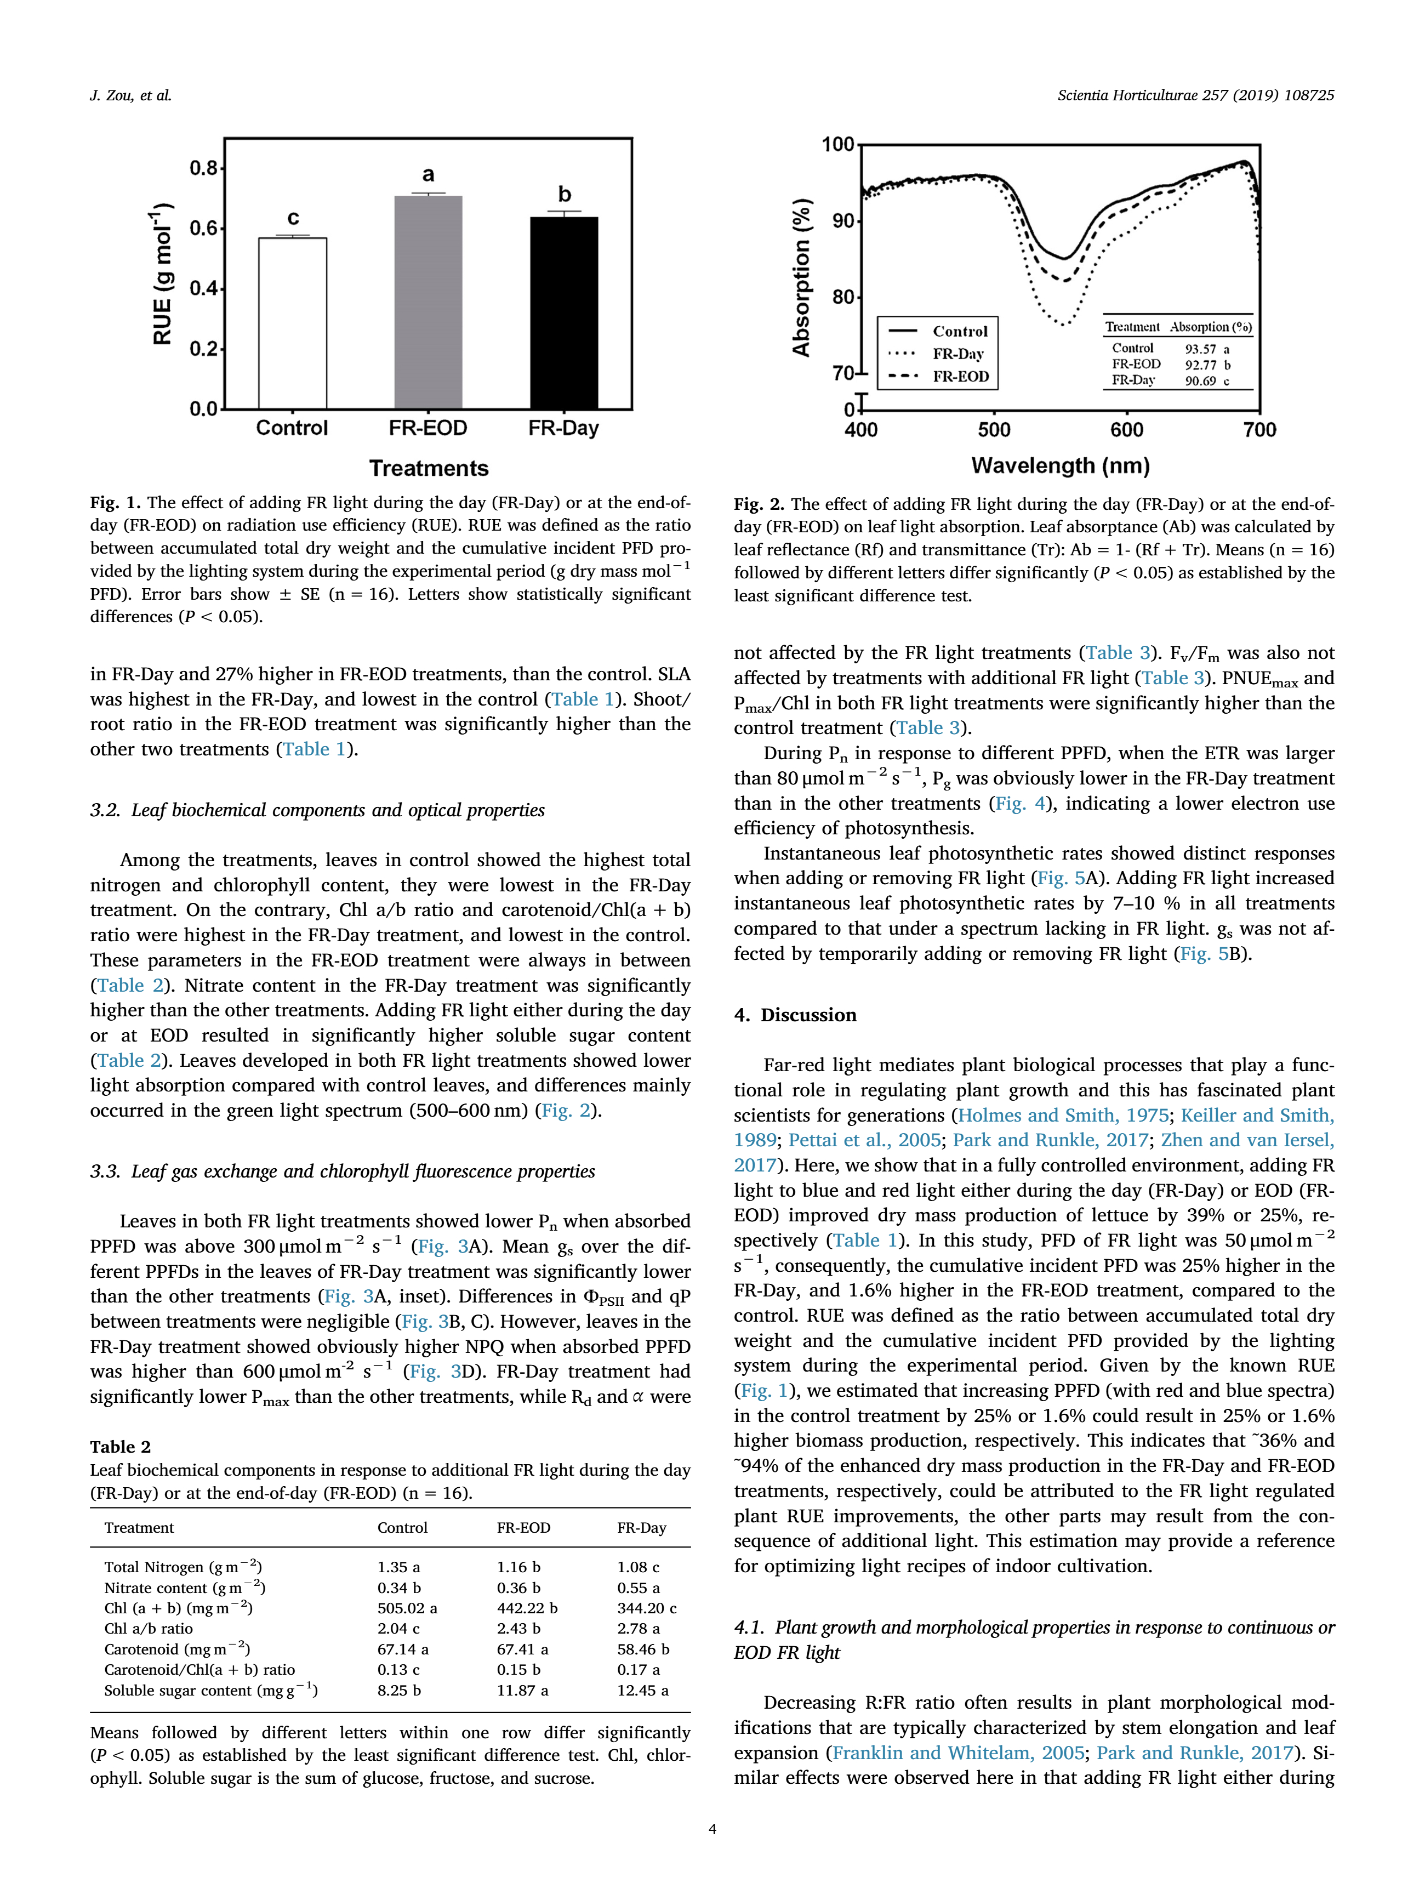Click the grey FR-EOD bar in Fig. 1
coord(428,303)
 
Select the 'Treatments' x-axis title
coord(429,468)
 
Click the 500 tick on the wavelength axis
coord(994,429)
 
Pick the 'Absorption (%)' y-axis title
coord(801,277)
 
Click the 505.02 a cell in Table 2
coord(407,1608)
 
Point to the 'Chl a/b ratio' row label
coord(149,1629)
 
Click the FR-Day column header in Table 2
coord(642,1527)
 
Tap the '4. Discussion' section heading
coord(795,1015)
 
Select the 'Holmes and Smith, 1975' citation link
coord(1063,1115)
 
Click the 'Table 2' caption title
coord(120,1447)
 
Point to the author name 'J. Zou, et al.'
coord(130,95)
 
